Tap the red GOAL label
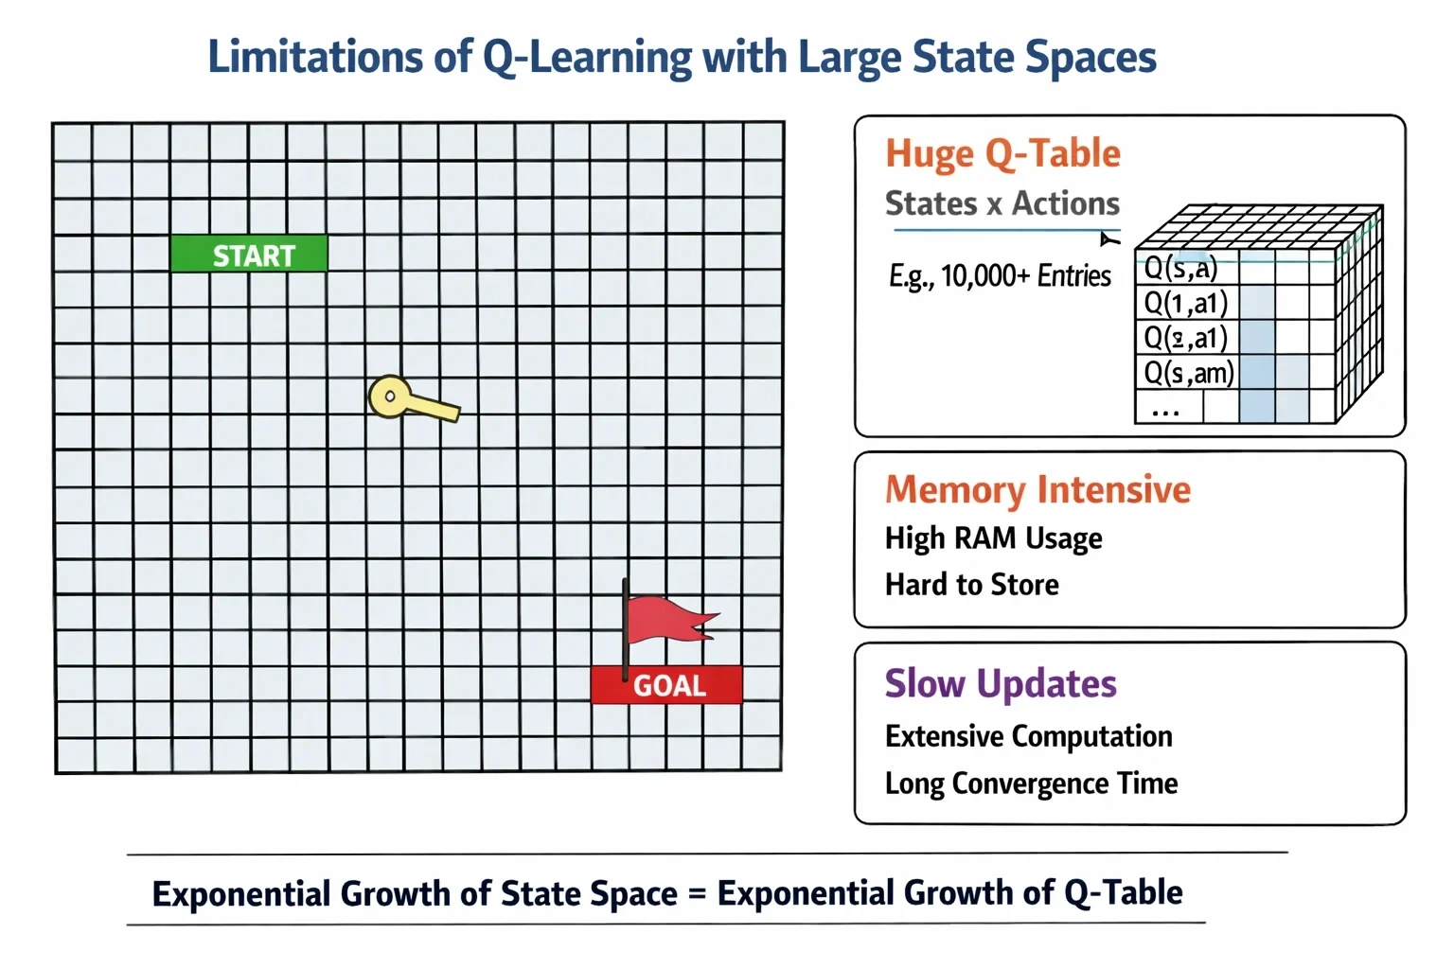(666, 685)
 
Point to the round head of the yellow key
(389, 396)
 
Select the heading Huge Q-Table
(1002, 154)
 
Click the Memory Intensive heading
(1037, 489)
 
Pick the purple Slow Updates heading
(1001, 683)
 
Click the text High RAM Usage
(993, 538)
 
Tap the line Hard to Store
(972, 584)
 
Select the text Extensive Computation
(1029, 736)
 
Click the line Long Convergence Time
(1032, 784)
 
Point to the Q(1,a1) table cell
(1187, 303)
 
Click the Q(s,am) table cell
(1187, 373)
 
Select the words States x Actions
(1002, 203)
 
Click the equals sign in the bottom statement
(697, 893)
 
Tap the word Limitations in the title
(315, 57)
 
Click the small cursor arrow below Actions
(1108, 239)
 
